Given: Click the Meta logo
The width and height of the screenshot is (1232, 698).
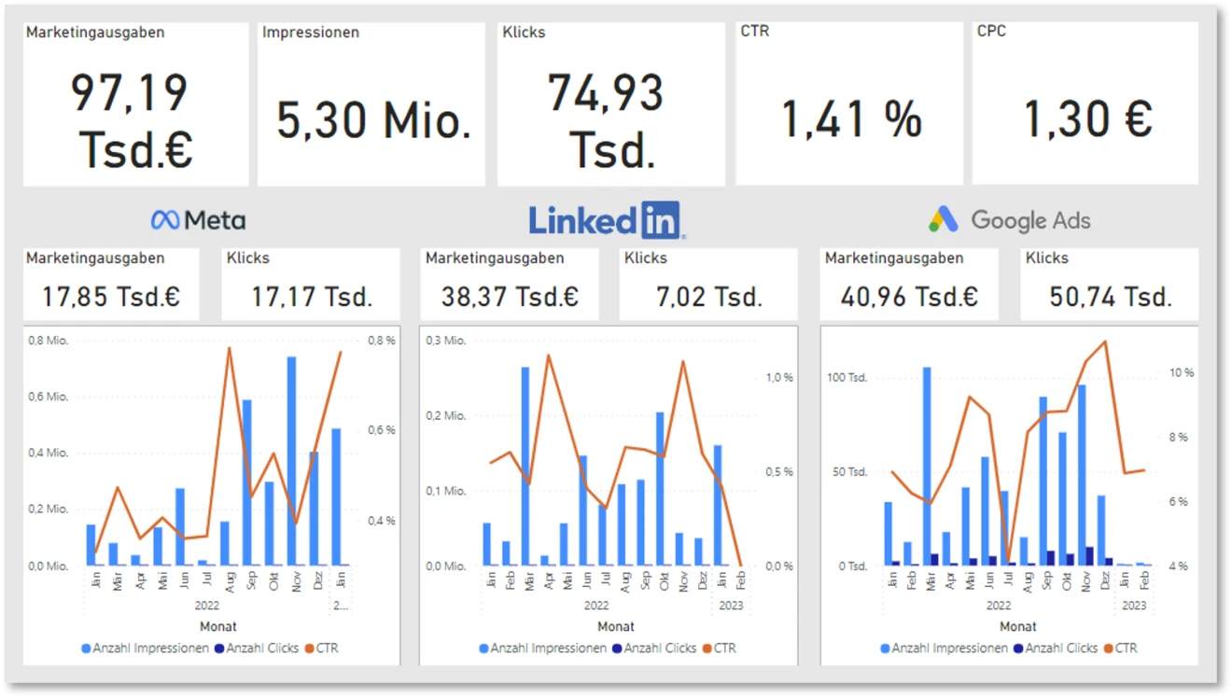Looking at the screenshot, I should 198,220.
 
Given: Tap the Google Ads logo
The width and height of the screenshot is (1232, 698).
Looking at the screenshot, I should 1010,220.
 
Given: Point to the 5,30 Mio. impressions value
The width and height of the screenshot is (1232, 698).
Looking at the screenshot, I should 373,120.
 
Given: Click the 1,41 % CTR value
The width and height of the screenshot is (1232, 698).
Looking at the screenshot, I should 851,120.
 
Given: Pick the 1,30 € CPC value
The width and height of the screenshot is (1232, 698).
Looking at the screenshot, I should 1088,120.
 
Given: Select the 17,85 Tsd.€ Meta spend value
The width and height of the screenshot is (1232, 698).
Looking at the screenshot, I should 111,297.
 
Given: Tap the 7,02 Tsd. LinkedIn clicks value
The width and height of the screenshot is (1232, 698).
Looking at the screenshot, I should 709,297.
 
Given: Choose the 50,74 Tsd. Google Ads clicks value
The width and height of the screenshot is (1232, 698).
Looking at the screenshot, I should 1110,297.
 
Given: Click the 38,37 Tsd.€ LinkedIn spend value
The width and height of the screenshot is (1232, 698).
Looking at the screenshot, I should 510,297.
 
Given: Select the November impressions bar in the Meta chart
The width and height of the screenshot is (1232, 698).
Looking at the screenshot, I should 291,461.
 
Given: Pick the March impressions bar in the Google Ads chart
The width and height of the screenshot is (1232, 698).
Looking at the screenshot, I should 927,466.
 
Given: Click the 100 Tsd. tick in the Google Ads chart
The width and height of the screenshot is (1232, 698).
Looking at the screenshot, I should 847,378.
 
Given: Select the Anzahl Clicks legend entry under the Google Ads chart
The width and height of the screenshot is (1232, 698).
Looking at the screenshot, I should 1060,648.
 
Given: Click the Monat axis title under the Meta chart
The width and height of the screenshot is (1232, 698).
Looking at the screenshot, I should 218,626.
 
